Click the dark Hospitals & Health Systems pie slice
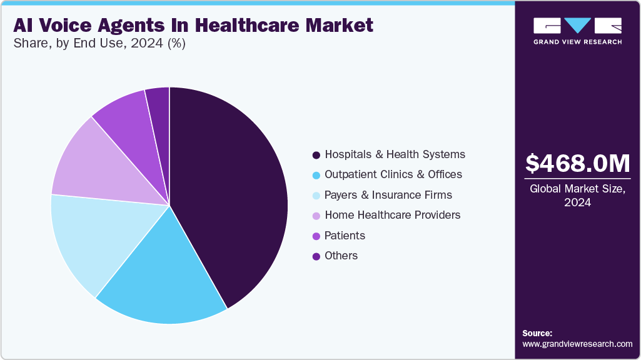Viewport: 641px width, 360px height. coord(231,194)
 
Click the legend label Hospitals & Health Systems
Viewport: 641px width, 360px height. coord(395,154)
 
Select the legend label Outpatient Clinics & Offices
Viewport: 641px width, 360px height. coord(393,174)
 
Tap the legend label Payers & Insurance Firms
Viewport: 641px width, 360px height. coord(388,195)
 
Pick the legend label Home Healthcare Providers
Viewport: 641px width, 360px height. coord(392,215)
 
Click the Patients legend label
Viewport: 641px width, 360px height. coord(345,236)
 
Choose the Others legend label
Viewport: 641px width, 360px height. coord(341,256)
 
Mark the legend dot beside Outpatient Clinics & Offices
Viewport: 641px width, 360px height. coord(316,175)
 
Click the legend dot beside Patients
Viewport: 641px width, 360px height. coord(316,236)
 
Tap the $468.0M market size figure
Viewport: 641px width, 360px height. coord(577,164)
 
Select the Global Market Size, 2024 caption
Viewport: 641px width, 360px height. coord(577,196)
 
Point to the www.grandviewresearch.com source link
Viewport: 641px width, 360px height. coord(577,344)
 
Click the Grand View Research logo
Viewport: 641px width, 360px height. coord(577,31)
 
